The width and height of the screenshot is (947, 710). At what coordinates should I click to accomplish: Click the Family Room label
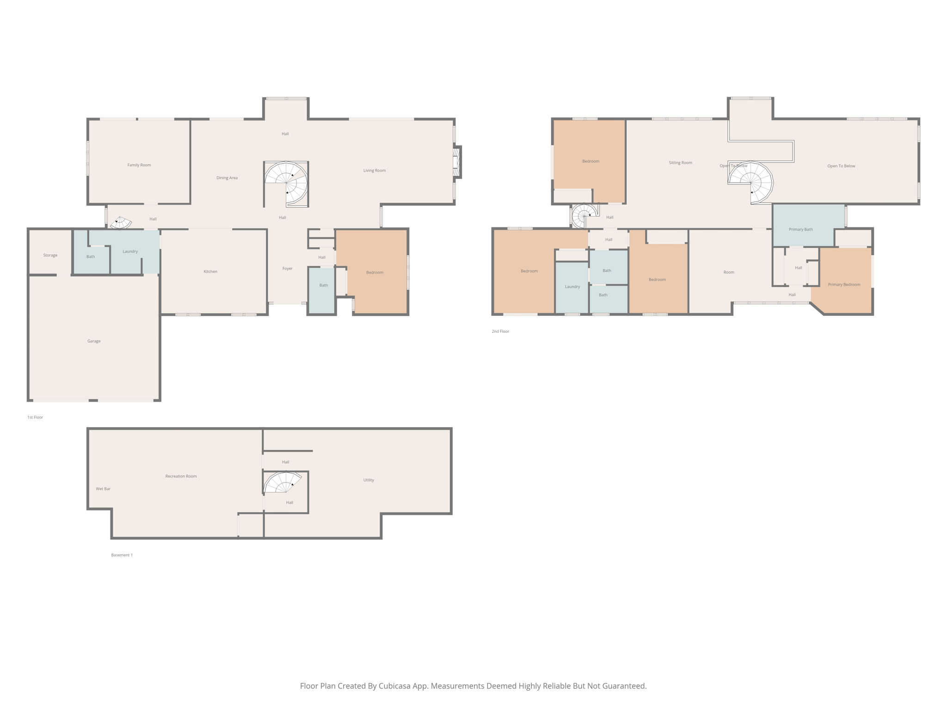click(139, 165)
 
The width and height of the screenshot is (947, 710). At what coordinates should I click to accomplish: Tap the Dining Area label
click(227, 178)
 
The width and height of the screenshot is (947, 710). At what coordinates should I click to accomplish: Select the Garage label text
click(94, 341)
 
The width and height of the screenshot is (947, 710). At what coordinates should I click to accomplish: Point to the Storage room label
click(50, 255)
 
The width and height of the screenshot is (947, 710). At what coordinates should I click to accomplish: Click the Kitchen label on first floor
click(210, 271)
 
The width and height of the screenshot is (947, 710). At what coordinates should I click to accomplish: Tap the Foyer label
click(288, 269)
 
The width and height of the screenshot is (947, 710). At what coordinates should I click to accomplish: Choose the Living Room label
click(375, 171)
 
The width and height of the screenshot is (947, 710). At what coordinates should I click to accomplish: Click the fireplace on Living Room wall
click(457, 161)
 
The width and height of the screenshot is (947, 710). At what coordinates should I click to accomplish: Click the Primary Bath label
click(800, 229)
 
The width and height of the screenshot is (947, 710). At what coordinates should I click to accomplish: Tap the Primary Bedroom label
click(844, 285)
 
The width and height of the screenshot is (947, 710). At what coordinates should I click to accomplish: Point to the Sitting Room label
click(680, 163)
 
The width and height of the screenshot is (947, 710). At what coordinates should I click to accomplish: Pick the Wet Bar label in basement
click(103, 489)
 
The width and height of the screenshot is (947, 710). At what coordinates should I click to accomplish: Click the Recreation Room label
click(181, 476)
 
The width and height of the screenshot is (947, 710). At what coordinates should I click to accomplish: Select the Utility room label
click(369, 480)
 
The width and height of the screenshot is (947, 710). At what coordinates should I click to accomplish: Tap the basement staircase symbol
click(282, 483)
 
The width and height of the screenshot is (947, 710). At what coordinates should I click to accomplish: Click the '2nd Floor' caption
click(500, 331)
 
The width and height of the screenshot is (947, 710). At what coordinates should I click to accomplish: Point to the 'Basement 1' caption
click(122, 555)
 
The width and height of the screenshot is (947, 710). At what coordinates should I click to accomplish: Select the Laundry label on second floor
click(572, 287)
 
